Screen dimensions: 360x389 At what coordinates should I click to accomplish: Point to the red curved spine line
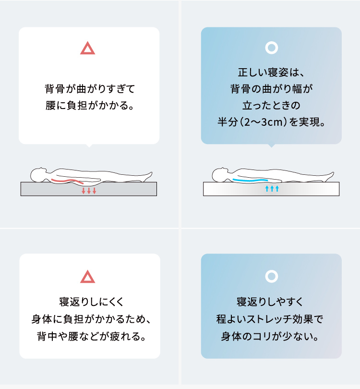point(67,181)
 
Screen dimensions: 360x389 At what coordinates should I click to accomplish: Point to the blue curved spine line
point(251,180)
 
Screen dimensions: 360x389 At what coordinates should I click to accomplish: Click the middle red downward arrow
point(89,191)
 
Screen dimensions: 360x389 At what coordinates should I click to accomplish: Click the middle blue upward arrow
point(272,189)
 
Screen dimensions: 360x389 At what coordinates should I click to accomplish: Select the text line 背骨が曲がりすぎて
point(90,89)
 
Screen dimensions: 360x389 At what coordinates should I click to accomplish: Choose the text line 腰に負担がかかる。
point(90,106)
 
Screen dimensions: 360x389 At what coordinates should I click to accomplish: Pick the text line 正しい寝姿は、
point(271,73)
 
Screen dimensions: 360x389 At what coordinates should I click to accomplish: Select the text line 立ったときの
point(271,106)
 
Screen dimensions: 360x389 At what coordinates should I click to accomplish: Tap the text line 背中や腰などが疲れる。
point(91,336)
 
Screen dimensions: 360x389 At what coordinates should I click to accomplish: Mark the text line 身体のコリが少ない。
point(270,336)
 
